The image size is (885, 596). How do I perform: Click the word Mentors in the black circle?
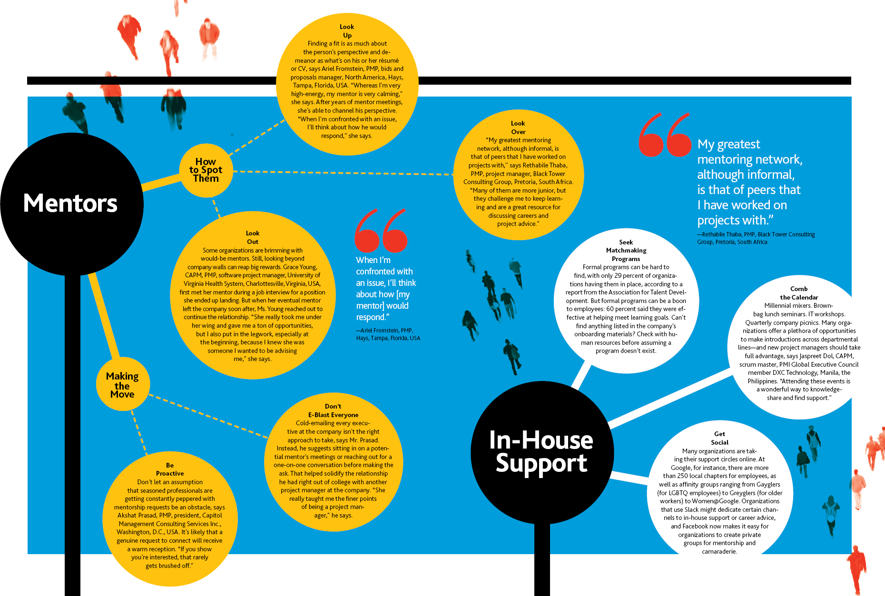tap(70, 203)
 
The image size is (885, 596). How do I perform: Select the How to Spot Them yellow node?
tap(206, 170)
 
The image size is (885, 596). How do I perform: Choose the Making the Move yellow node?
tap(123, 384)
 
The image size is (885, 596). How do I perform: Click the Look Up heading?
tap(347, 31)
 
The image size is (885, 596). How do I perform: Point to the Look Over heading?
tap(518, 127)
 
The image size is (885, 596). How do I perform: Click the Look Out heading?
tap(253, 237)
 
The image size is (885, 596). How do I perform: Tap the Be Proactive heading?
tap(170, 469)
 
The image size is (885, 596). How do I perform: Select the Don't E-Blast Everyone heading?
tap(333, 410)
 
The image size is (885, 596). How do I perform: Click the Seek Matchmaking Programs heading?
tap(626, 250)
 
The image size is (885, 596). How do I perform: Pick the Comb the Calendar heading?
tap(799, 293)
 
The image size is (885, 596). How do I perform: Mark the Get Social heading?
tap(719, 438)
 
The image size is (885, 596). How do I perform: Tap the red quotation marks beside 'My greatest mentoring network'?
tap(665, 135)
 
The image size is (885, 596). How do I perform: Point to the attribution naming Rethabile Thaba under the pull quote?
tap(756, 238)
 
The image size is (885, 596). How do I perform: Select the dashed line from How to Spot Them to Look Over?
tap(343, 173)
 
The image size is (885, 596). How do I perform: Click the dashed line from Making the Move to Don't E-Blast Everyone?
tap(208, 415)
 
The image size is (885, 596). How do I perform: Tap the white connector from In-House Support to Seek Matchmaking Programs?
tap(581, 376)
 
